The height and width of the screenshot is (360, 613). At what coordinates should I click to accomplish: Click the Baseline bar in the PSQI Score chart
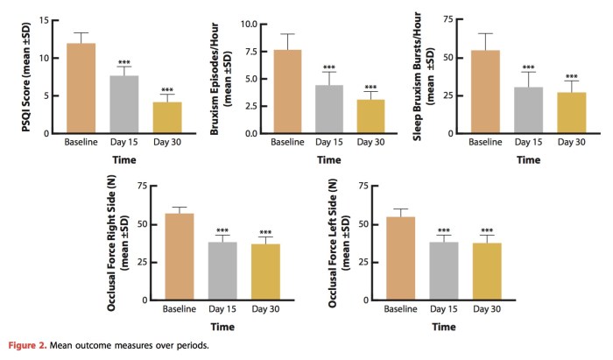pyautogui.click(x=81, y=90)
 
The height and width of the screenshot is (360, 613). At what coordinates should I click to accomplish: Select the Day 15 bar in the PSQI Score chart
pyautogui.click(x=124, y=106)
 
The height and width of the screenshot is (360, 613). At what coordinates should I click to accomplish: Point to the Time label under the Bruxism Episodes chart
pyautogui.click(x=328, y=160)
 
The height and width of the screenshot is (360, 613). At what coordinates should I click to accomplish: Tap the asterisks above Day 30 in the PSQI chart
pyautogui.click(x=168, y=89)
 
